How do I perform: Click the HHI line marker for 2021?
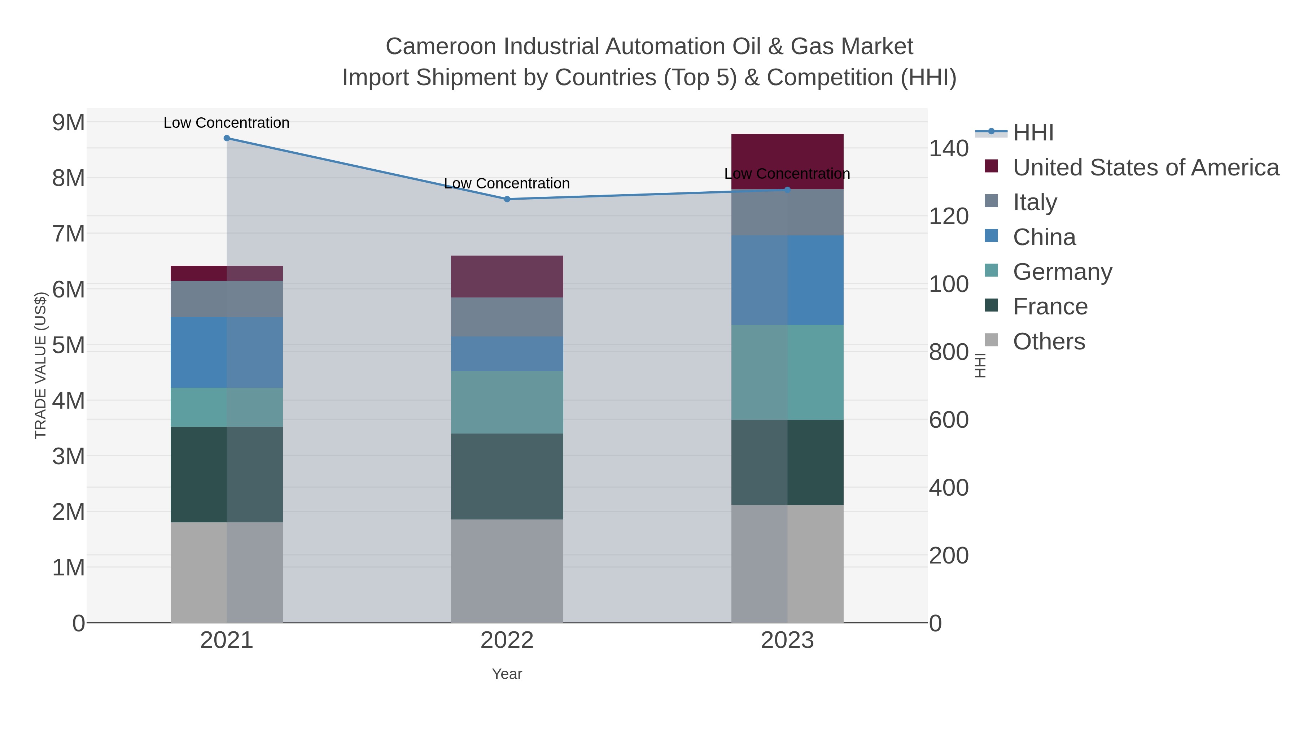pyautogui.click(x=226, y=138)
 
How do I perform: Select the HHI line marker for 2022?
pyautogui.click(x=507, y=199)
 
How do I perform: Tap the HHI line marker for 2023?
pyautogui.click(x=787, y=190)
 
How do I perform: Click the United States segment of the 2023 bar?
pyautogui.click(x=787, y=161)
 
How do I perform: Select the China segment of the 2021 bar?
pyautogui.click(x=226, y=352)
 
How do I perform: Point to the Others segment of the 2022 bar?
pyautogui.click(x=507, y=571)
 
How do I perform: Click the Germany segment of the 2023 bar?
pyautogui.click(x=787, y=372)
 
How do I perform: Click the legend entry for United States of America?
pyautogui.click(x=1145, y=167)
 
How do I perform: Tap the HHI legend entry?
pyautogui.click(x=1033, y=133)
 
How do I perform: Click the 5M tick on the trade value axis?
pyautogui.click(x=69, y=345)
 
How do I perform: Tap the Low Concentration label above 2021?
pyautogui.click(x=226, y=123)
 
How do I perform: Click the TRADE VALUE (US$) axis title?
pyautogui.click(x=40, y=365)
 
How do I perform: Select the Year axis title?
pyautogui.click(x=507, y=674)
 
